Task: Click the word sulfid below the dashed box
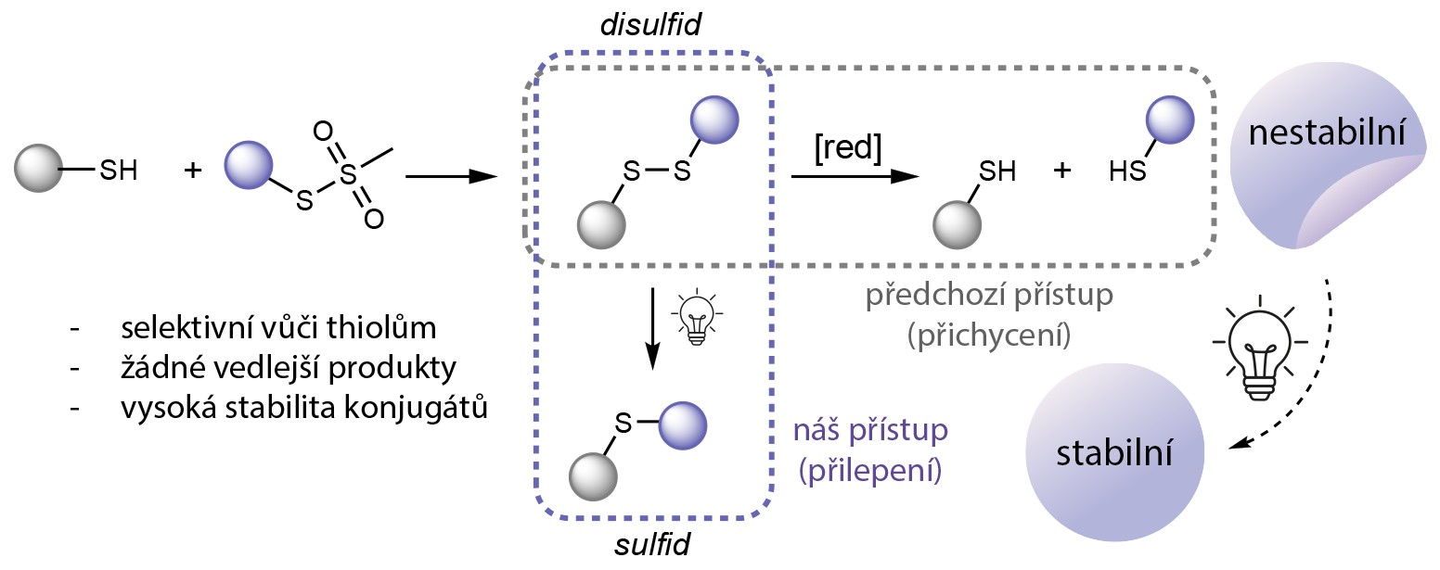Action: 653,545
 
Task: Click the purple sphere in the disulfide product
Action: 714,120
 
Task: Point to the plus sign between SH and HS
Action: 1063,171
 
